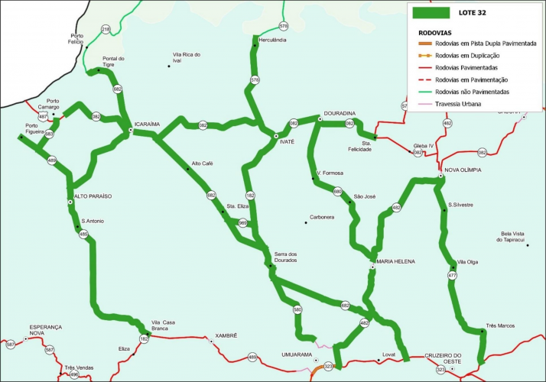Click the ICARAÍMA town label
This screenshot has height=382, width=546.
[x=147, y=123]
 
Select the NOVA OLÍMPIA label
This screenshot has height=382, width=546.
[x=463, y=170]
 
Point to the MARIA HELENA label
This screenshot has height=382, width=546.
[x=395, y=261]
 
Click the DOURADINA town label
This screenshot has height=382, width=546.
[x=341, y=111]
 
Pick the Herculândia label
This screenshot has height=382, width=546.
[x=272, y=39]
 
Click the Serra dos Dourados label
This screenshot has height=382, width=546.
[x=285, y=257]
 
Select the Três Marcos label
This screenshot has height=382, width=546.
[x=500, y=325]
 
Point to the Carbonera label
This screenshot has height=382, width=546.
[x=322, y=217]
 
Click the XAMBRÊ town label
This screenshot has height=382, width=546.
[x=226, y=335]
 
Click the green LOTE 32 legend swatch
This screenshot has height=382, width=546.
[x=430, y=13]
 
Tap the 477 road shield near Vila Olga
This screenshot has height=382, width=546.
[x=453, y=275]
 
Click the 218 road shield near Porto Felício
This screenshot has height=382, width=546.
[x=106, y=29]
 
